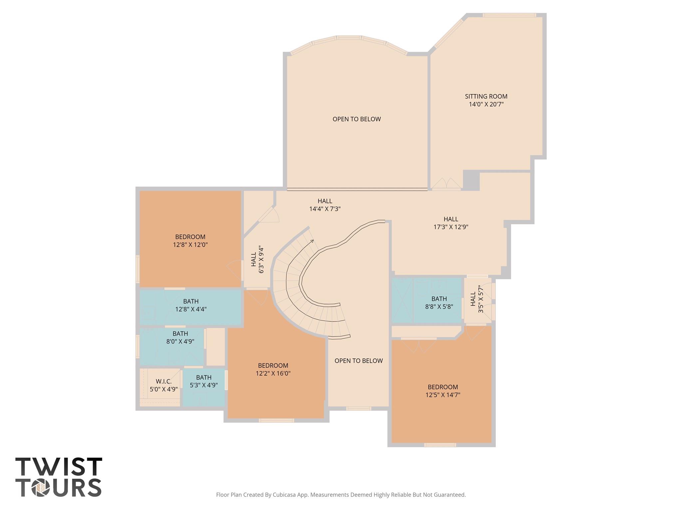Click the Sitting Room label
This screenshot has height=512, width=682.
coord(486,96)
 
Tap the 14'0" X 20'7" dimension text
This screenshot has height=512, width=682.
coord(486,104)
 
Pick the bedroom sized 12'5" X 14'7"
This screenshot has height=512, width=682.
coord(443,391)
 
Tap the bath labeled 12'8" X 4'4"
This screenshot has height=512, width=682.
coord(190,305)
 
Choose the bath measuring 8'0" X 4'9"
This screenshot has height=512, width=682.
coord(180,337)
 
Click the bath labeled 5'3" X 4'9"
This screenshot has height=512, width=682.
coord(203,381)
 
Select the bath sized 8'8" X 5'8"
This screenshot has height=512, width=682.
coord(439,303)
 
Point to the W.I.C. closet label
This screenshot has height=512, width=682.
coord(164,382)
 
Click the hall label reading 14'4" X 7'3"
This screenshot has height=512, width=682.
coord(325,205)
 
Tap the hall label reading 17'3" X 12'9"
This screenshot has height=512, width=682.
coord(451,223)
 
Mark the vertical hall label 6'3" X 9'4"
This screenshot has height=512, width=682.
coord(257,260)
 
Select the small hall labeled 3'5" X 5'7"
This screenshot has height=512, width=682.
coord(477,299)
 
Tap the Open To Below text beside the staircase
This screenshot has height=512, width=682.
coord(358,361)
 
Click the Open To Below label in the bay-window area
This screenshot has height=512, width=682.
coord(356,119)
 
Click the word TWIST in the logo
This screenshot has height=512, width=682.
coord(59,467)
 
